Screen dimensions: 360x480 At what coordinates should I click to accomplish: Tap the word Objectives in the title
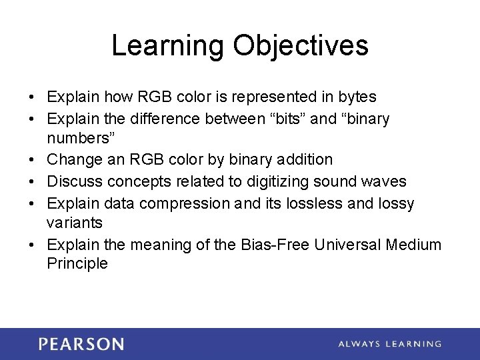[301, 46]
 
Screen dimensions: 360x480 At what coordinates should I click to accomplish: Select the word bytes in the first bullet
[357, 97]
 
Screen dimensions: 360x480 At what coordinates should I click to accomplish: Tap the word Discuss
[74, 181]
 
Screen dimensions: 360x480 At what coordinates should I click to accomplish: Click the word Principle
[77, 263]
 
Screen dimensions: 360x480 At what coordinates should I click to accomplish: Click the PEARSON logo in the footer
[81, 344]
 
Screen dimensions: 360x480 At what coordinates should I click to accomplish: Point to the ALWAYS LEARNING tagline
[389, 344]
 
